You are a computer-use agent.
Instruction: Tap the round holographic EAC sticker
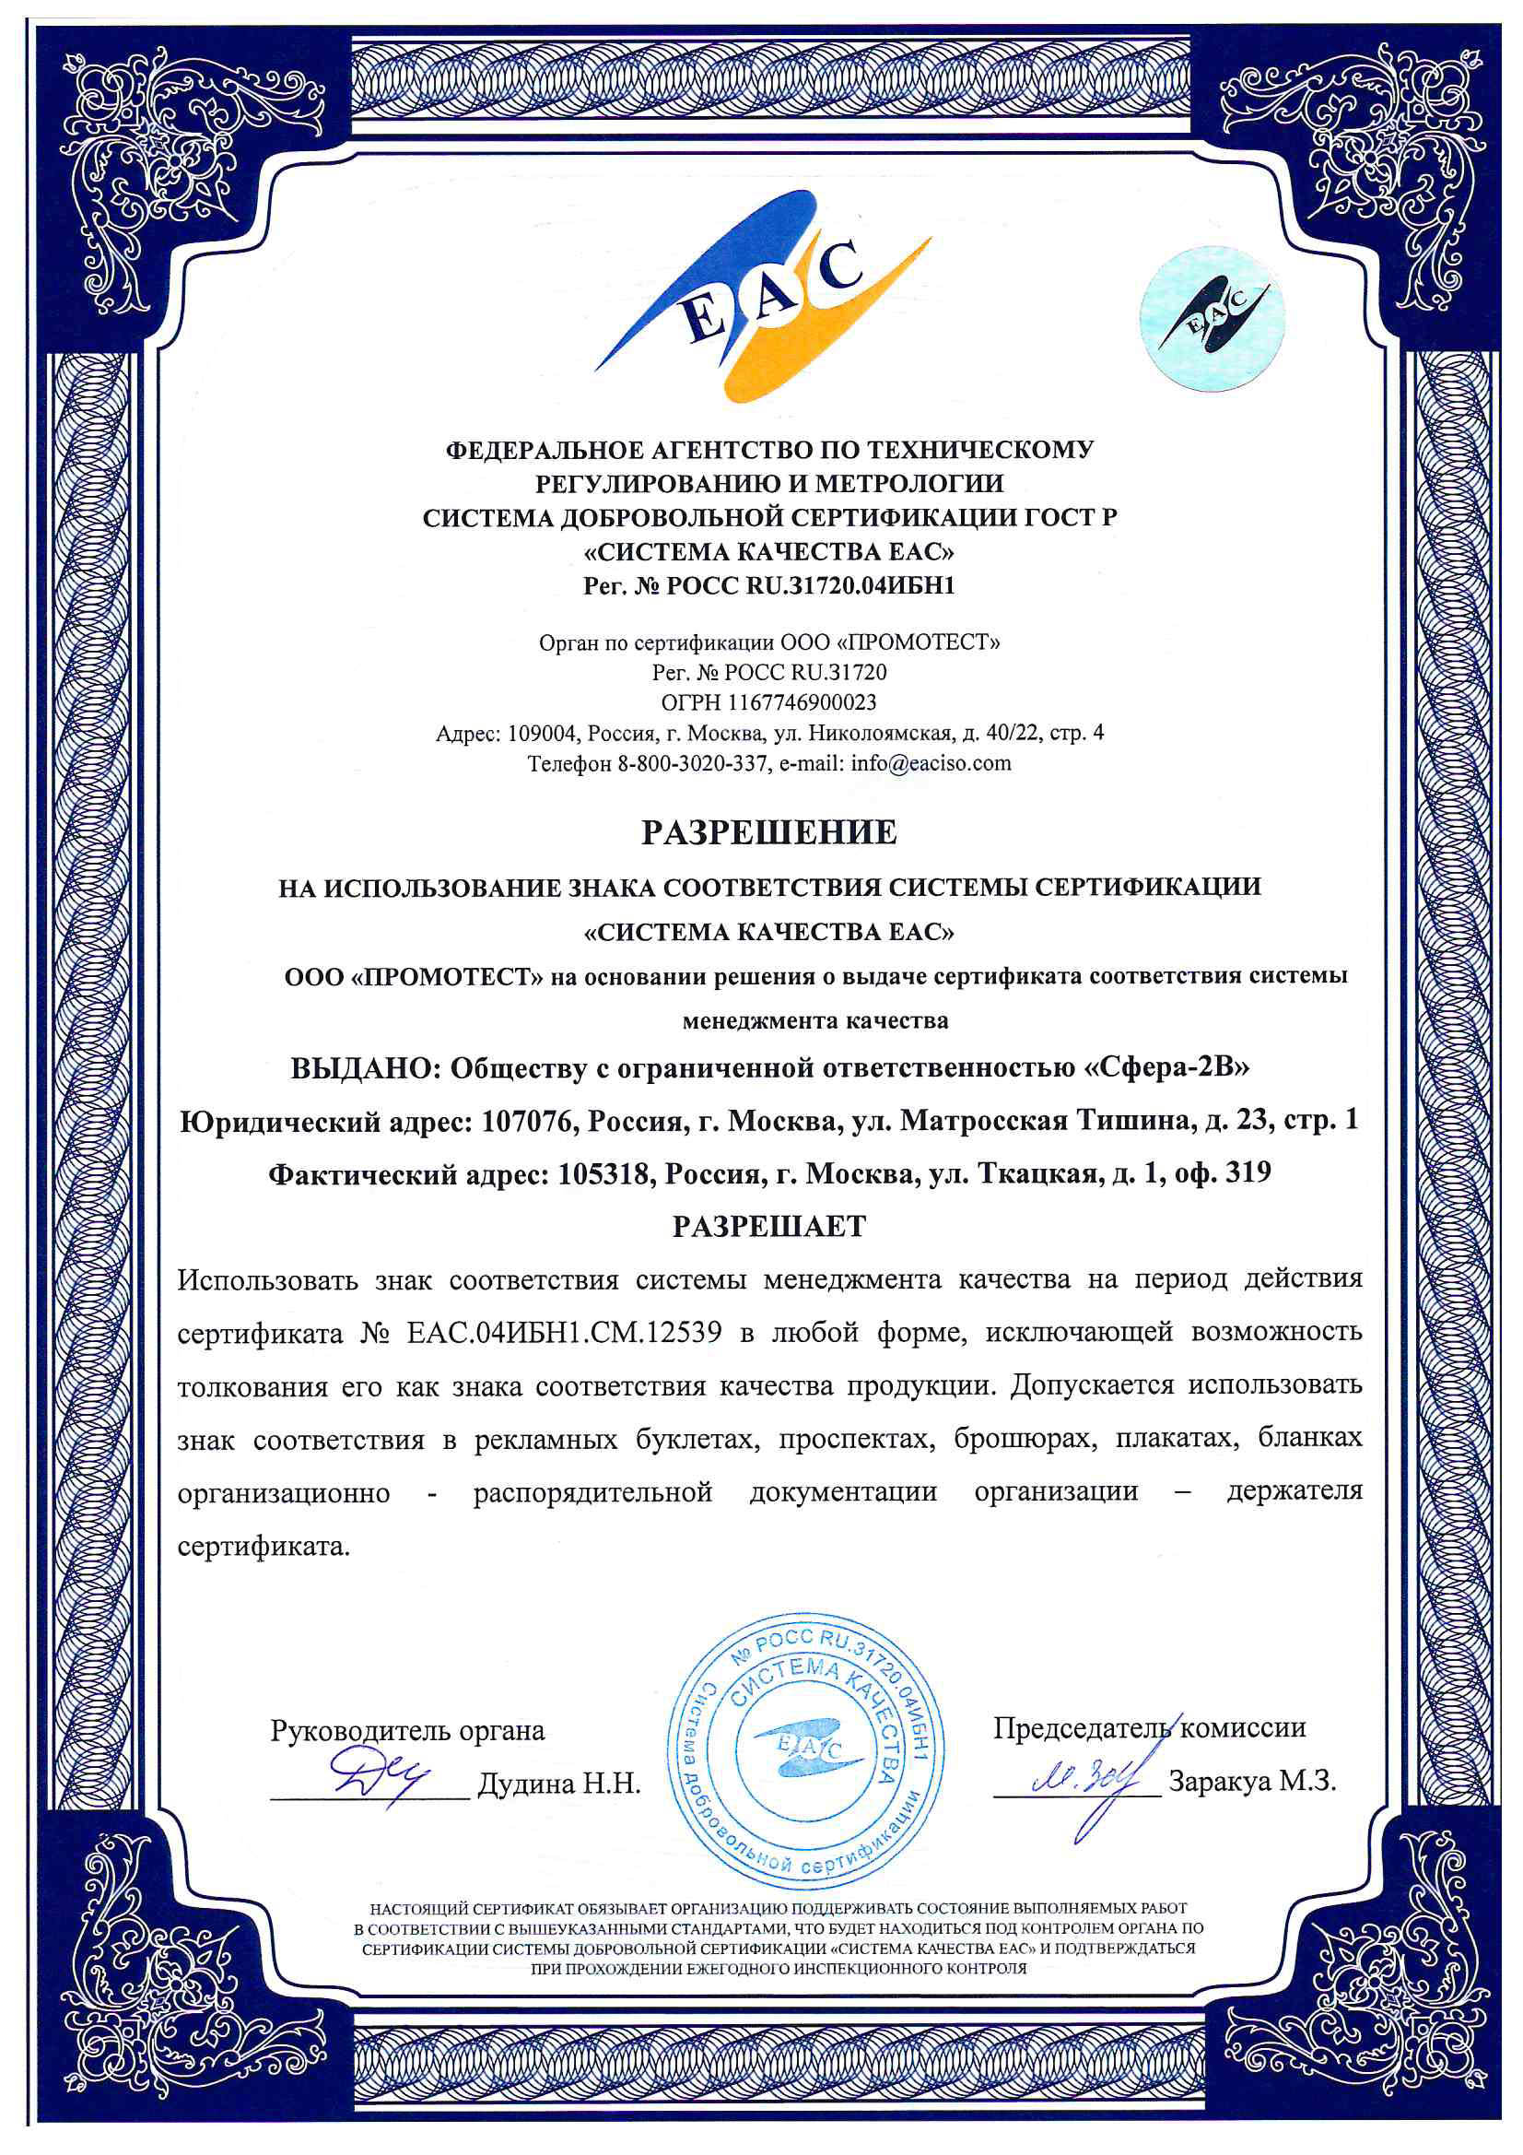pyautogui.click(x=1212, y=318)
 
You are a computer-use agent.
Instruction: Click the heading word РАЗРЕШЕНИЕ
pyautogui.click(x=768, y=832)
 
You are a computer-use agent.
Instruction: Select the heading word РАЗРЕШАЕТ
pyautogui.click(x=768, y=1227)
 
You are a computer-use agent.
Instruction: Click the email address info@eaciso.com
pyautogui.click(x=931, y=762)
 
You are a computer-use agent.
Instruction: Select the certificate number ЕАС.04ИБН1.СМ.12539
pyautogui.click(x=564, y=1334)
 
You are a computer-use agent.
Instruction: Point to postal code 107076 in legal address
pyautogui.click(x=527, y=1121)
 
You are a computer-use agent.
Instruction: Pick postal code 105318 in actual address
pyautogui.click(x=605, y=1173)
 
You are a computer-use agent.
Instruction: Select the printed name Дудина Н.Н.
pyautogui.click(x=559, y=1784)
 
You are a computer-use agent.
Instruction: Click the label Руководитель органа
pyautogui.click(x=407, y=1730)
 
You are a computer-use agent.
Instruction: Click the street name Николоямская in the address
pyautogui.click(x=887, y=732)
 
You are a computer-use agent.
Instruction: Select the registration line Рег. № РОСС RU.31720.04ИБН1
pyautogui.click(x=768, y=585)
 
